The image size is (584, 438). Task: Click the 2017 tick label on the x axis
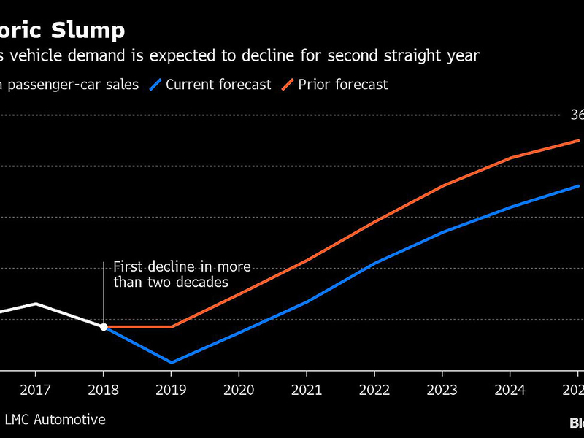[36, 390]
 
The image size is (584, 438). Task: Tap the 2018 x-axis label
[103, 390]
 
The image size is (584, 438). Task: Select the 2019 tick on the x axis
[171, 390]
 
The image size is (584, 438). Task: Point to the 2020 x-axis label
[239, 390]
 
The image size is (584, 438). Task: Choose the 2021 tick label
[307, 390]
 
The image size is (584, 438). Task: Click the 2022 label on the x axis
[374, 390]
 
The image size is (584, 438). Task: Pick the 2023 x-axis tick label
[442, 390]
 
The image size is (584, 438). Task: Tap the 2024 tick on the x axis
[510, 390]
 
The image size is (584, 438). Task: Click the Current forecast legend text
[218, 85]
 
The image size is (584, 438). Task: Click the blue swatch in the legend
[154, 85]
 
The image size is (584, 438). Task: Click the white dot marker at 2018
[104, 327]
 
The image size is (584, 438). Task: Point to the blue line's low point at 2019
[172, 362]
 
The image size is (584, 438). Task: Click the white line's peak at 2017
[36, 304]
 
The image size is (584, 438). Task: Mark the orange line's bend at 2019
[172, 327]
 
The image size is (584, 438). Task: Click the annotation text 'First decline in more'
[182, 267]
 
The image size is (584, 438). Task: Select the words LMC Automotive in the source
[55, 420]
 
